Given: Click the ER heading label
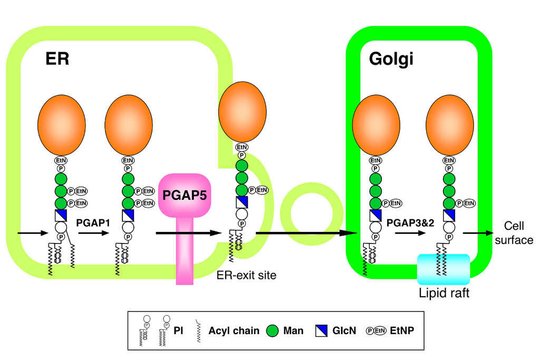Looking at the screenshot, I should coord(57,59).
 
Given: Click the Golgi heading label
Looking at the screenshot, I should coord(391,59).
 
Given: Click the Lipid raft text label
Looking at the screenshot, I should coord(444,293).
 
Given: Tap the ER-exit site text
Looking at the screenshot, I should coord(246,275).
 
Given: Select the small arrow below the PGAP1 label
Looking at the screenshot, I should coord(93,232).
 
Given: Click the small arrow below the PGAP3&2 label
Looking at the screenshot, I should coord(410,232).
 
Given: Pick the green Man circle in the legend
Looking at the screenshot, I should coord(273,330).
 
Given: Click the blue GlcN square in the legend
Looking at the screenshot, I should coord(321,330).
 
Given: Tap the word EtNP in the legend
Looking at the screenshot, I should coord(403,330).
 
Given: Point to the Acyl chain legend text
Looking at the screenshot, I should coord(234,330).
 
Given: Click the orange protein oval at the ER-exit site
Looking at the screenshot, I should coord(242,112).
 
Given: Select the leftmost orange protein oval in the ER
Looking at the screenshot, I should coord(61,125).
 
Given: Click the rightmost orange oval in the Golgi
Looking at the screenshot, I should coord(449,125).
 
